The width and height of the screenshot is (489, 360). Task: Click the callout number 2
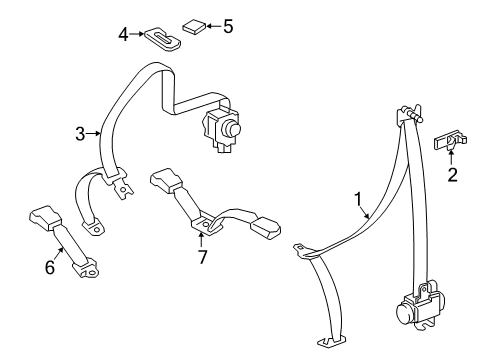(x=452, y=176)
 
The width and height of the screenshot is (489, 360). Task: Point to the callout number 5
(x=228, y=26)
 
